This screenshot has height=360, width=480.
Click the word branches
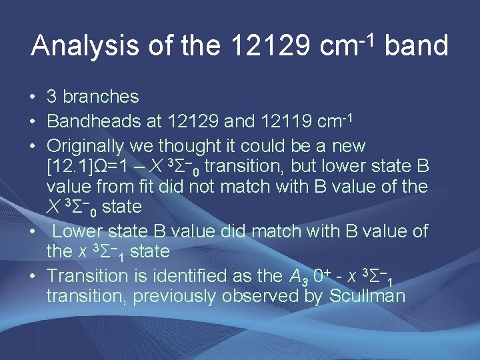click(x=101, y=97)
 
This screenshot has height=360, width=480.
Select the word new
click(x=348, y=145)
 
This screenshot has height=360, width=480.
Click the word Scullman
click(x=367, y=295)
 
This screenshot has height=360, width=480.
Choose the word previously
click(x=176, y=295)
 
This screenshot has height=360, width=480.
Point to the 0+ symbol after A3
click(x=325, y=274)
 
